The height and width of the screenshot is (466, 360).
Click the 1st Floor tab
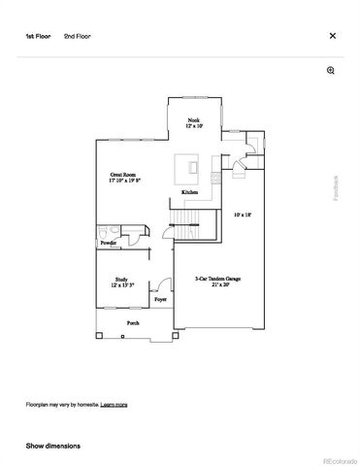(40, 36)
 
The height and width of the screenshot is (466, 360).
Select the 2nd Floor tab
(79, 36)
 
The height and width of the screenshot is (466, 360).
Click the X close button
(333, 36)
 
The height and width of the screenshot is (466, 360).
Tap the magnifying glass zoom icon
(331, 71)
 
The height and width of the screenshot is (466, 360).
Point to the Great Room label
(124, 178)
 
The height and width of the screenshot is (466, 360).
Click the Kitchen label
(190, 192)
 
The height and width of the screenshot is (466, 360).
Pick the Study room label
(122, 283)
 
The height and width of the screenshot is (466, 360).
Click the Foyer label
(160, 300)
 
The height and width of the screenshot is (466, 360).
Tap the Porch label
(132, 322)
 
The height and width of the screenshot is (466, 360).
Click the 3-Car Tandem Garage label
(218, 282)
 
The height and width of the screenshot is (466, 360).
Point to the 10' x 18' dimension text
(242, 215)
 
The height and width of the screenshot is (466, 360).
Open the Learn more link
(114, 404)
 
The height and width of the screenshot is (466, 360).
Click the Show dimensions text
(53, 446)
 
